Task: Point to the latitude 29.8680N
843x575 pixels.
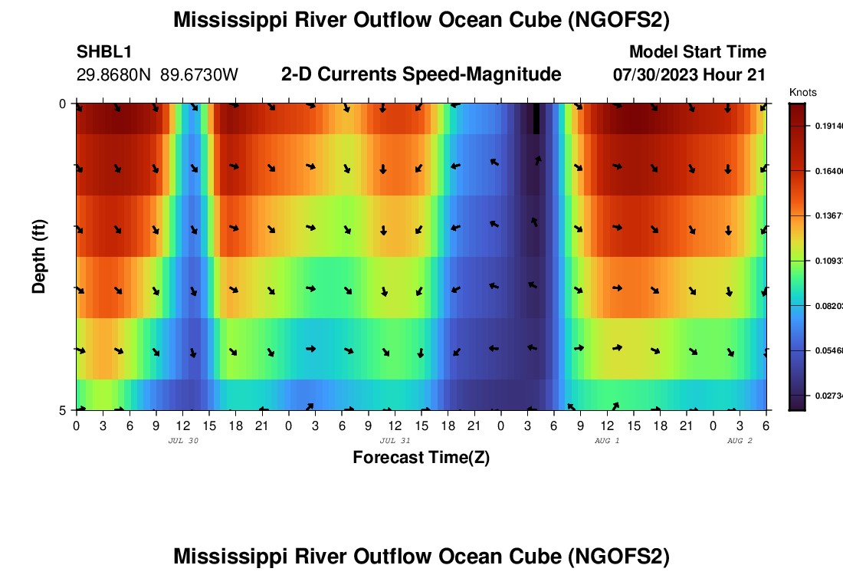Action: (114, 75)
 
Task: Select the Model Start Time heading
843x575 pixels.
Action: (697, 52)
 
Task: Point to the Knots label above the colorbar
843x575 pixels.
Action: (803, 93)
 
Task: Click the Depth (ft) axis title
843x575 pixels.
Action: (39, 255)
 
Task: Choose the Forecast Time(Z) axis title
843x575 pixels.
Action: (421, 458)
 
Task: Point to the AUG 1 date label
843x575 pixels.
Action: (607, 441)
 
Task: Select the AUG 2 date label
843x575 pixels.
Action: (740, 441)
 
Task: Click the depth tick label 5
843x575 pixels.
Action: (63, 410)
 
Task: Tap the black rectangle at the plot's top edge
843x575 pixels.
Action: (536, 118)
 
